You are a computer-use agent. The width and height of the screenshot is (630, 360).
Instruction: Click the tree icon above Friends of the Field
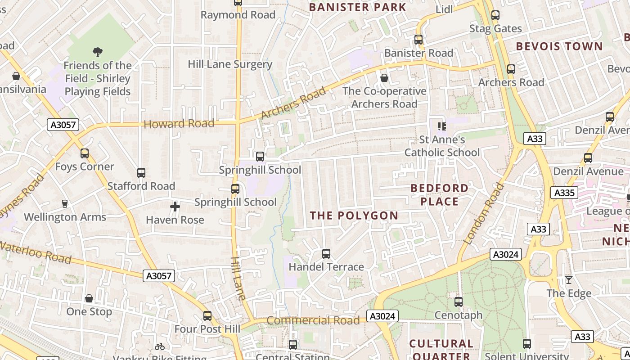[97, 52]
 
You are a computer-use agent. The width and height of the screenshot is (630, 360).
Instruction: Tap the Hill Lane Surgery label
[230, 64]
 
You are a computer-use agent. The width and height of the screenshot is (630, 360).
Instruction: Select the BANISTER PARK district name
[358, 7]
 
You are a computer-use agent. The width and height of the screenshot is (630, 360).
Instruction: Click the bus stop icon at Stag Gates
[495, 15]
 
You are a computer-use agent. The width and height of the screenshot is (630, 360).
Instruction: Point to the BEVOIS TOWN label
[559, 46]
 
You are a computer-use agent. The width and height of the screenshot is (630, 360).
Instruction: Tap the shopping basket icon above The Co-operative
[384, 78]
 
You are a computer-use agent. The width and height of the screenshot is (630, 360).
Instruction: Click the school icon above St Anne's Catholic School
[441, 126]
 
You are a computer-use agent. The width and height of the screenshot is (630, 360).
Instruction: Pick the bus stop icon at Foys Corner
[85, 153]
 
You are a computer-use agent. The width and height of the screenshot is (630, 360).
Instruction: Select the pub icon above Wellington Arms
[65, 204]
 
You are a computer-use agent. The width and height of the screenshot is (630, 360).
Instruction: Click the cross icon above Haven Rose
[175, 207]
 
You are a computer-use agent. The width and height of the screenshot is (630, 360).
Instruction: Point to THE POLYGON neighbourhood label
[354, 216]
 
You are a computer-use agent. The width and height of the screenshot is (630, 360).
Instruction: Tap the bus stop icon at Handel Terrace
[326, 254]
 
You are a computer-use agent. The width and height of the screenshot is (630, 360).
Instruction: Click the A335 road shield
[564, 193]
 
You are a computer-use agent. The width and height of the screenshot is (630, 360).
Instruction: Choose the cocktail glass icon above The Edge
[569, 280]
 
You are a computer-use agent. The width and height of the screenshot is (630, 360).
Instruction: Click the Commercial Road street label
[313, 320]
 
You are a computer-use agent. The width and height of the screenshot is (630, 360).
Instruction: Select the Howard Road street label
[179, 124]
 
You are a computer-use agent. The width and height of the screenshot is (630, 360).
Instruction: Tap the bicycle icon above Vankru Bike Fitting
[160, 346]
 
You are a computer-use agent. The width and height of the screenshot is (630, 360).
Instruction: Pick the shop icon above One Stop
[89, 298]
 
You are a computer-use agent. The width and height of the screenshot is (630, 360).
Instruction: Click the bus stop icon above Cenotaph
[459, 302]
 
